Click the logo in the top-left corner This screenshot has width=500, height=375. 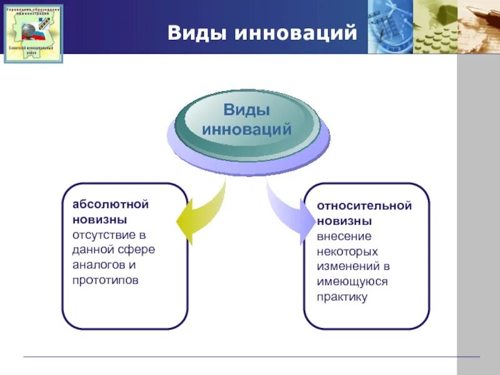[x=33, y=34]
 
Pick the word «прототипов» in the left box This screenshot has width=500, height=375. [x=105, y=279]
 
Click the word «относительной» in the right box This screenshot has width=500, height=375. [x=364, y=206]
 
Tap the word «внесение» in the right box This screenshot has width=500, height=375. [x=344, y=236]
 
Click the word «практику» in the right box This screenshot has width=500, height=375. [x=341, y=296]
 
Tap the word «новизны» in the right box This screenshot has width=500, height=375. [x=344, y=221]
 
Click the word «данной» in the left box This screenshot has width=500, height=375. [x=92, y=249]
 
